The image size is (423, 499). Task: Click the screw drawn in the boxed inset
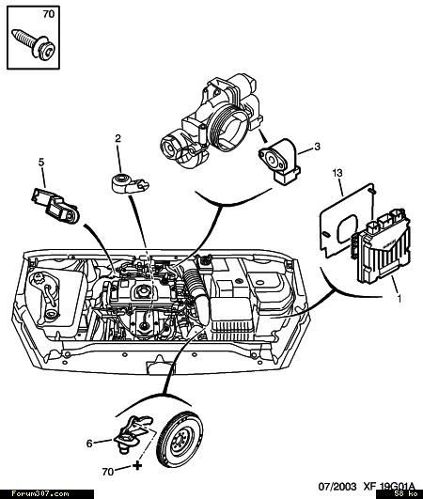(34, 44)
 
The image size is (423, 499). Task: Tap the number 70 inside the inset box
(48, 14)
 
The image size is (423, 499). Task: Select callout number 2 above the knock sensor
(118, 138)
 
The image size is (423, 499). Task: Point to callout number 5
(41, 163)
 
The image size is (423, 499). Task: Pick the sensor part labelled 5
(55, 206)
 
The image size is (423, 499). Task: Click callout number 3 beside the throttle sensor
(317, 147)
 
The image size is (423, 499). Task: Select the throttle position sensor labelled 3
(280, 161)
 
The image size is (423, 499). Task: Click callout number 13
(337, 173)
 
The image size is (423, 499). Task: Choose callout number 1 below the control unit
(399, 299)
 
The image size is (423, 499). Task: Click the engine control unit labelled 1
(382, 244)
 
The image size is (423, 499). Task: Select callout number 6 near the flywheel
(89, 444)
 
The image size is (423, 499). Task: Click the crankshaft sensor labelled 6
(133, 434)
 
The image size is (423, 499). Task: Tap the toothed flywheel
(180, 442)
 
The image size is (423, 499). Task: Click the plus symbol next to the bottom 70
(137, 466)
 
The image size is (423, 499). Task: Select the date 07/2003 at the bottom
(337, 487)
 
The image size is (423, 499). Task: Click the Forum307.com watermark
(40, 494)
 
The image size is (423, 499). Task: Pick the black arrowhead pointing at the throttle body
(263, 137)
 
